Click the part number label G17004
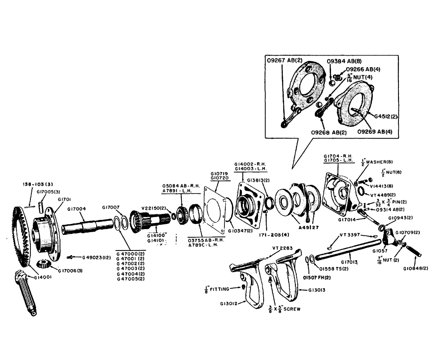coord(77,209)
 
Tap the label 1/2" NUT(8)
coord(391,172)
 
